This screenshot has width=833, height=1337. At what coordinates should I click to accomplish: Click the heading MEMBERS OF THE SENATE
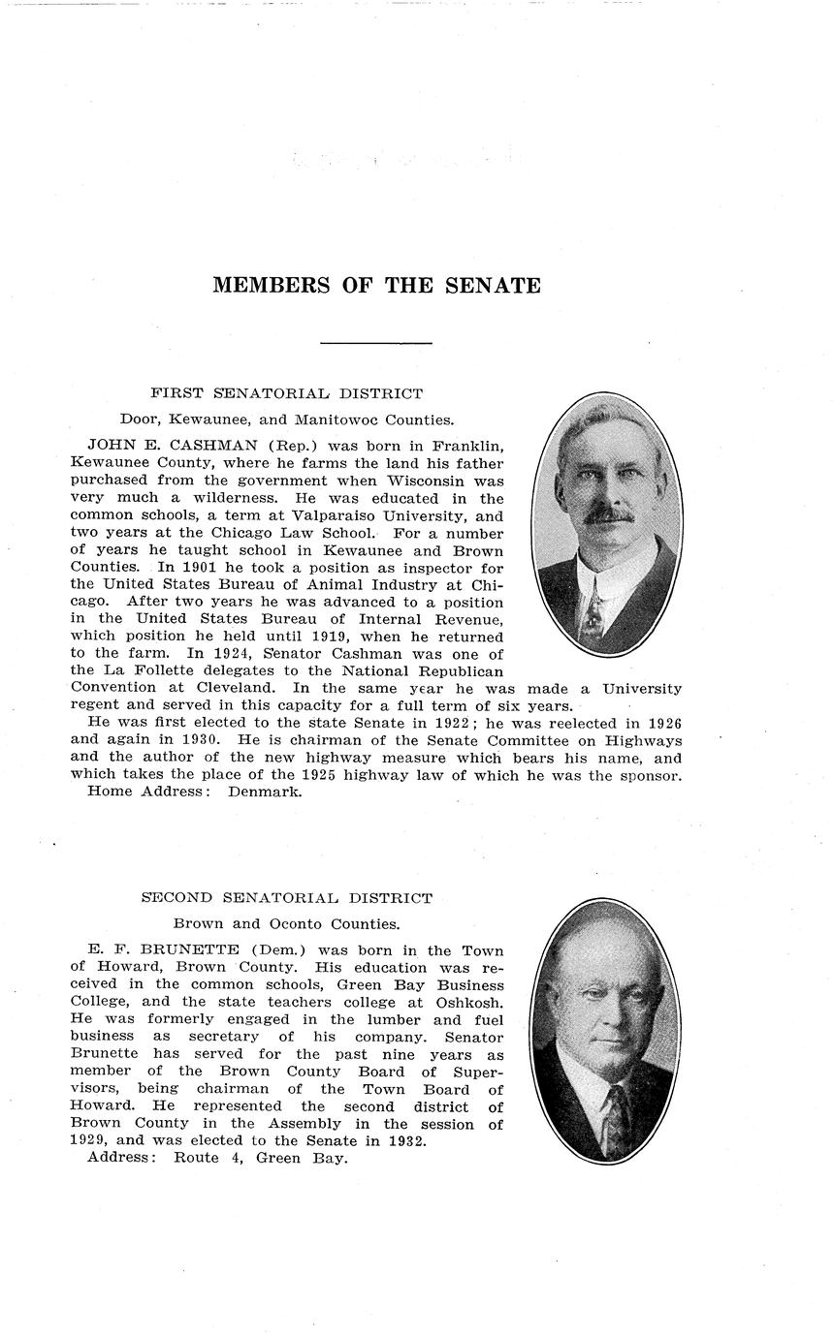coord(376,286)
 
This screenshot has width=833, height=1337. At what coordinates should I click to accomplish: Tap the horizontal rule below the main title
coord(375,343)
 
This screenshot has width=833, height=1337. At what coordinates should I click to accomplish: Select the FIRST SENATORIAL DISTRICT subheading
coord(286,393)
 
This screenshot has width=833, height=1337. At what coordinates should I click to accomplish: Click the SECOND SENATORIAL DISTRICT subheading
coord(286,898)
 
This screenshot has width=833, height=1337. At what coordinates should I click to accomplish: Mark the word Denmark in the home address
coord(265,792)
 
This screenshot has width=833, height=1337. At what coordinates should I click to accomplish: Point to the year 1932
coord(404,1141)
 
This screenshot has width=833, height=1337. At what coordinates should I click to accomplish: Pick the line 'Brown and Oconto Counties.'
coord(286,924)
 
